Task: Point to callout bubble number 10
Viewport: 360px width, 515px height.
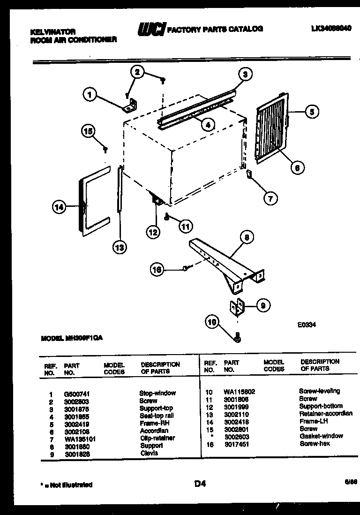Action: click(x=212, y=322)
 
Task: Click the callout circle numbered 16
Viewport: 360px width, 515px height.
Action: click(x=157, y=269)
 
